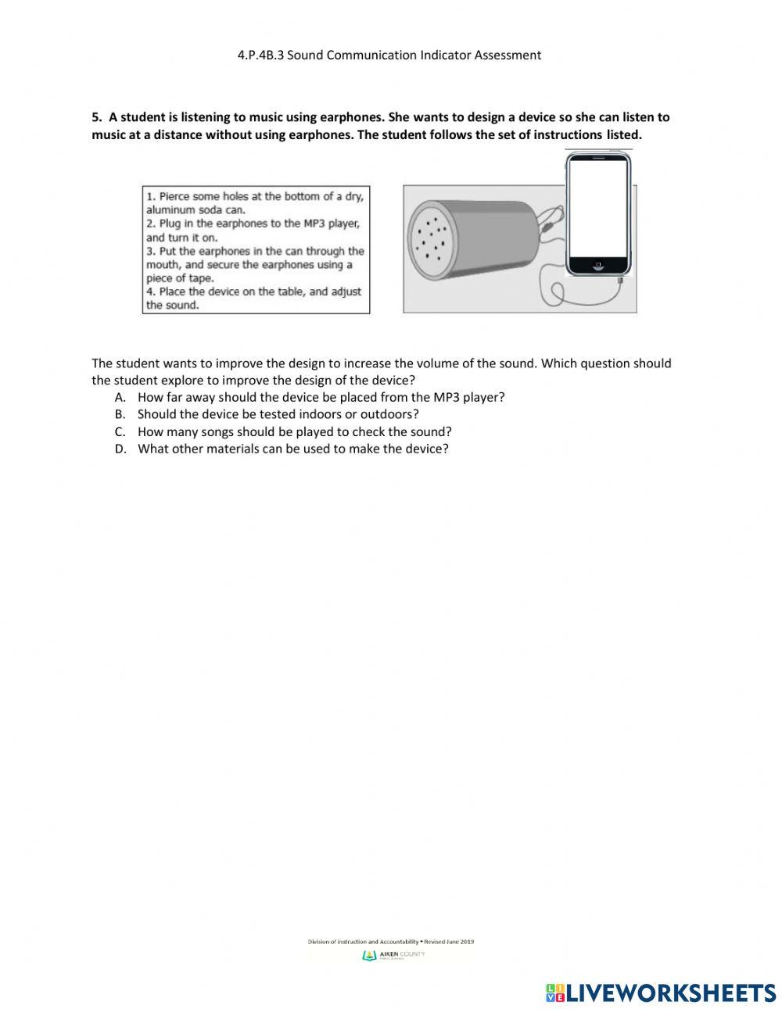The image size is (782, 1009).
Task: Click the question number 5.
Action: (x=96, y=117)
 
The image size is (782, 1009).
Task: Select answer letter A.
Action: (x=120, y=397)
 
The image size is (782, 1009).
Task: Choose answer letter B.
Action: (x=120, y=414)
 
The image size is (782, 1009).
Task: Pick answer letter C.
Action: (x=120, y=431)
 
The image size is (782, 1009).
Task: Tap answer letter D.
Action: (x=120, y=449)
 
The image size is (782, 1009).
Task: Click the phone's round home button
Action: (x=598, y=266)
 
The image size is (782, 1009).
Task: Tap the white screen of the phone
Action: (x=598, y=207)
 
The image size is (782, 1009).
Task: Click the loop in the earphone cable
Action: (x=557, y=294)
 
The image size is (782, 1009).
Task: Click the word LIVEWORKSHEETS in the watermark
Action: (x=670, y=993)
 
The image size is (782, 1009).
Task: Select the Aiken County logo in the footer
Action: (x=370, y=956)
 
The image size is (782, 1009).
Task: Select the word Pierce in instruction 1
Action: (x=174, y=196)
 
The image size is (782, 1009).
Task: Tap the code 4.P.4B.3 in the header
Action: (x=260, y=55)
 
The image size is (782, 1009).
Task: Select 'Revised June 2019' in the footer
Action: (x=449, y=942)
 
